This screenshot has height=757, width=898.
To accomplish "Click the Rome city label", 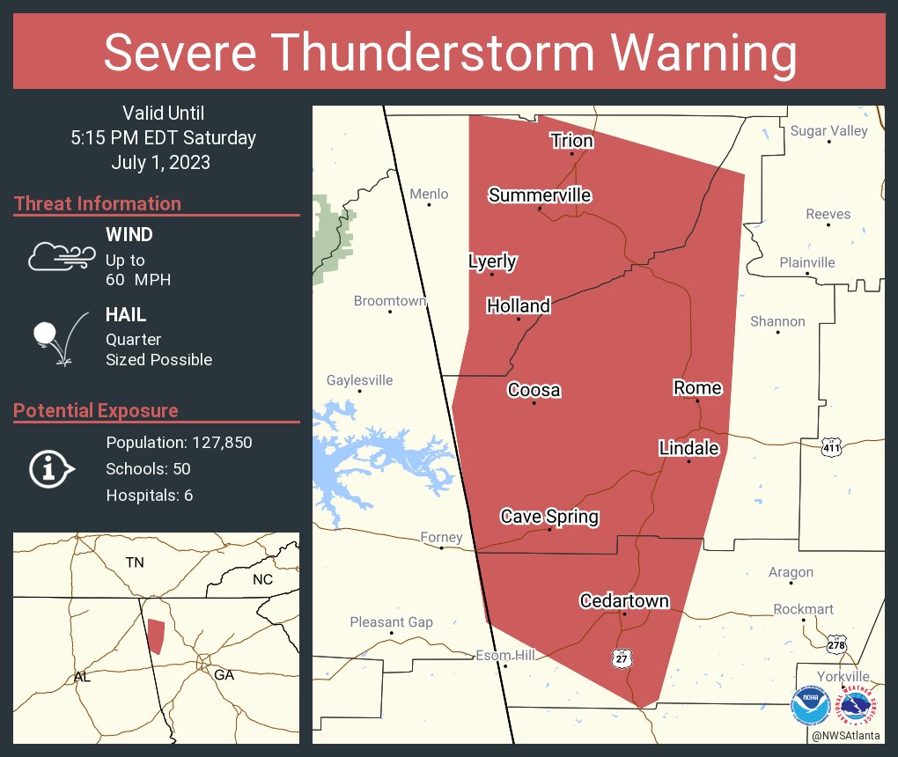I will (x=697, y=388).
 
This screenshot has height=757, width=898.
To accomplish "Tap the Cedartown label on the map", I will (x=623, y=601).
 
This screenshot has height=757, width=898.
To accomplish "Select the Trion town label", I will (x=571, y=141).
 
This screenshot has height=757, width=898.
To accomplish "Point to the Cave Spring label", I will (x=549, y=517).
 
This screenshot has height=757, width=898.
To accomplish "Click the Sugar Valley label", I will (x=828, y=130).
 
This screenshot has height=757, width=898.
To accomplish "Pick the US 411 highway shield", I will (x=830, y=447).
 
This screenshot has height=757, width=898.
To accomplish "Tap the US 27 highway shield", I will (x=622, y=658).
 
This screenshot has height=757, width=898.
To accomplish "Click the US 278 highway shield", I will (x=837, y=644).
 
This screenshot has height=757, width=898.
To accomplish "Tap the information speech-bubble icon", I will (x=52, y=468).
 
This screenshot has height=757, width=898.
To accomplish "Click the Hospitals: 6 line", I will (x=149, y=495).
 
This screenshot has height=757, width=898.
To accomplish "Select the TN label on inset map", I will (x=134, y=562).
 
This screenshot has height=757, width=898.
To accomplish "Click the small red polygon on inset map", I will (x=156, y=636).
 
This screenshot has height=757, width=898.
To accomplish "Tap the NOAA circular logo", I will (x=809, y=707).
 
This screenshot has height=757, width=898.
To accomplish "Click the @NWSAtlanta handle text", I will (x=845, y=735).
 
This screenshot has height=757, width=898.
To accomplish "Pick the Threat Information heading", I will (x=97, y=203).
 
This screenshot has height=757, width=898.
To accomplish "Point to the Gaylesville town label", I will (x=359, y=380).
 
